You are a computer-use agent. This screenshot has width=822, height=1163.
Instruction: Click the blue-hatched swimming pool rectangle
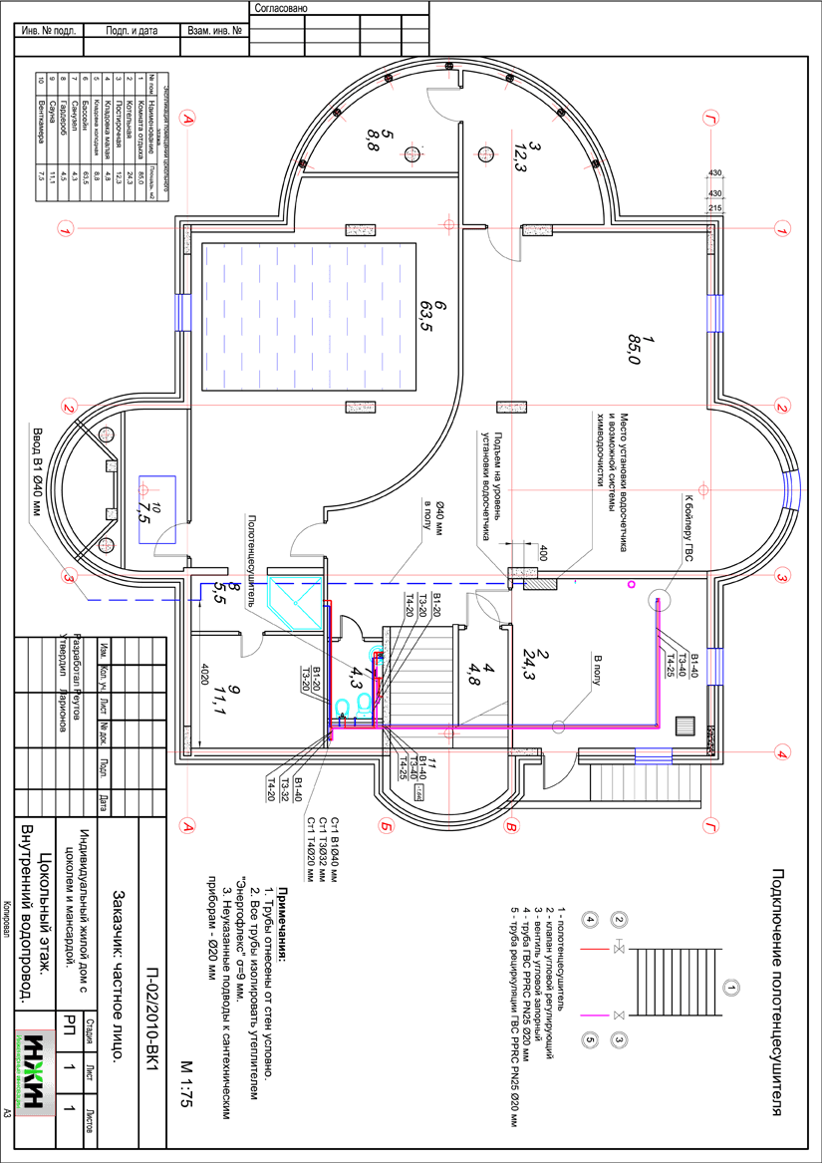[308, 317]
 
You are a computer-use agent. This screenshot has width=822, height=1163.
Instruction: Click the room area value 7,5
[145, 511]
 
